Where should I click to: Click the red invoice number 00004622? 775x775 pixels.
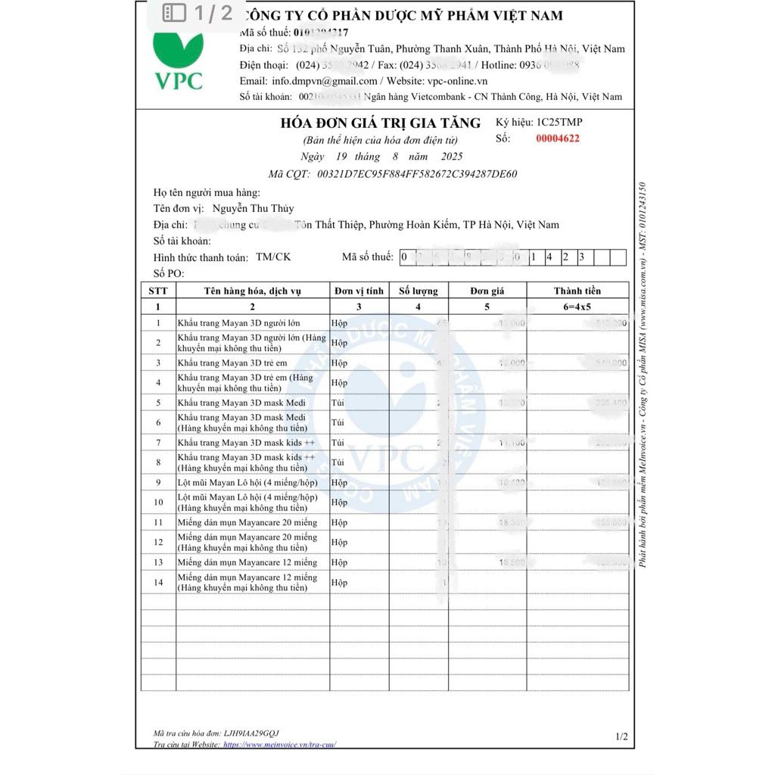[x=558, y=139]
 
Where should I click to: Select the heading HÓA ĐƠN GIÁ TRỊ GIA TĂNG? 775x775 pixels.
[x=380, y=123]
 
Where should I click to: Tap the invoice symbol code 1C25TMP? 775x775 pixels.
[x=559, y=122]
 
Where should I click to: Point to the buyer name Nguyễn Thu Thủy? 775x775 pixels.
[x=253, y=208]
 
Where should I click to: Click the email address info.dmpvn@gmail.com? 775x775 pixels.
[x=325, y=81]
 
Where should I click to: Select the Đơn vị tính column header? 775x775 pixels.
[x=359, y=291]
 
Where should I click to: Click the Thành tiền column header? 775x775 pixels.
[x=577, y=291]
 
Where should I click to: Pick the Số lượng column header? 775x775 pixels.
[x=418, y=291]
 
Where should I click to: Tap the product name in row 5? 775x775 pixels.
[x=241, y=403]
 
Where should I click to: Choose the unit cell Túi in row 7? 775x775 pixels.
[x=338, y=442]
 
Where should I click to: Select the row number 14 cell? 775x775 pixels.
[x=158, y=583]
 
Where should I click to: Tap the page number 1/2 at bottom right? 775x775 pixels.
[x=621, y=736]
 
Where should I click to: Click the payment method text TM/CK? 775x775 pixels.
[x=273, y=257]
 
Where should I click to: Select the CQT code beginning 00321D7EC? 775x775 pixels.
[x=417, y=174]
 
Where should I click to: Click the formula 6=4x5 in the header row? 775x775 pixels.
[x=577, y=307]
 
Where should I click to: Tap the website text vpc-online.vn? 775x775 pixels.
[x=457, y=81]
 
